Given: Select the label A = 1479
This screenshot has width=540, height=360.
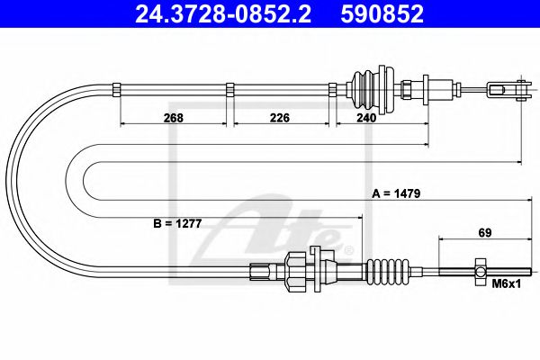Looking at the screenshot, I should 397,193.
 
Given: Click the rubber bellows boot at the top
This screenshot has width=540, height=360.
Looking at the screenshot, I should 368,86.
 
